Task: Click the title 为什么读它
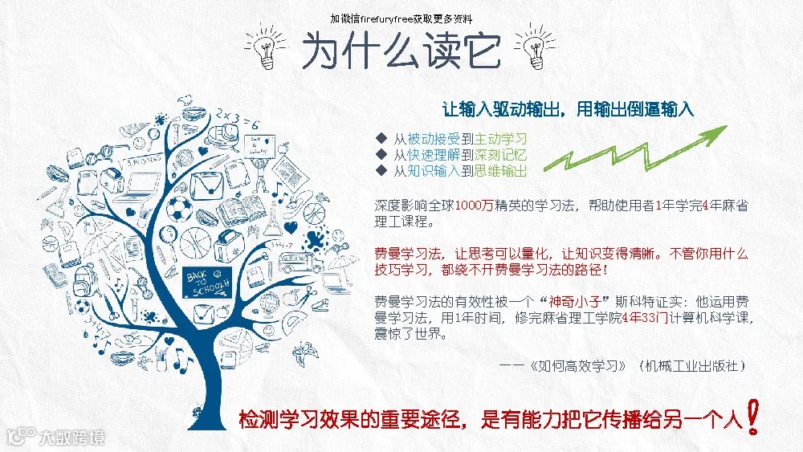[401, 50]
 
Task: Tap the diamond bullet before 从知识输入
[381, 171]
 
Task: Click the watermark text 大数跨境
[73, 438]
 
